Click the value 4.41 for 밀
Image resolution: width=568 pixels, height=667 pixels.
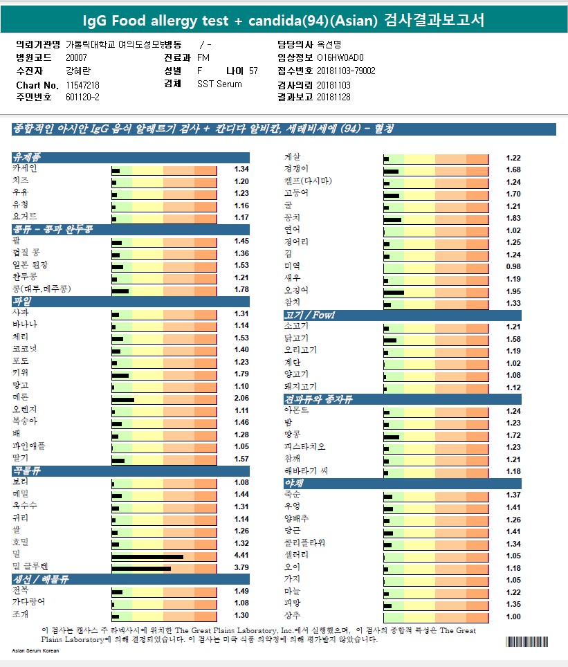[241, 556]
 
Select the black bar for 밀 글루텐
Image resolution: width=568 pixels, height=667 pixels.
[141, 568]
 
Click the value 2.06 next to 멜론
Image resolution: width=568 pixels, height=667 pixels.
[241, 399]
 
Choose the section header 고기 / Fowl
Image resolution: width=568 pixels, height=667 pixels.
[309, 316]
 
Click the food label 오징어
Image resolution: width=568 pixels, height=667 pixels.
[296, 291]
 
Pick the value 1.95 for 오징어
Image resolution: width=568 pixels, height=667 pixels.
[513, 292]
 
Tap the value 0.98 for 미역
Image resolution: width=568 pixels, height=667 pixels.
[513, 267]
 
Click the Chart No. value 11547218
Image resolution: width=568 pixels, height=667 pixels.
[82, 84]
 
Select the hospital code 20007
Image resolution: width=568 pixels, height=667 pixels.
[76, 58]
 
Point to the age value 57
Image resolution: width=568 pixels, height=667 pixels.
[253, 71]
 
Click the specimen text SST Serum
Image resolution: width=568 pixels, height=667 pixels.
[219, 84]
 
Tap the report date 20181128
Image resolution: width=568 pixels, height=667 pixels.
[333, 98]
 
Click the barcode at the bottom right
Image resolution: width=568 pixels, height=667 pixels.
[526, 642]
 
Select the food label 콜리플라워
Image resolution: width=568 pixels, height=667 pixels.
[304, 543]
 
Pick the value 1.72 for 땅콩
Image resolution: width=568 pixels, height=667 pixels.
[513, 437]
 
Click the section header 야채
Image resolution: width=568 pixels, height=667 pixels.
[293, 483]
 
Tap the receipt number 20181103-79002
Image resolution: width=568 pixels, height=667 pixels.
[346, 71]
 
